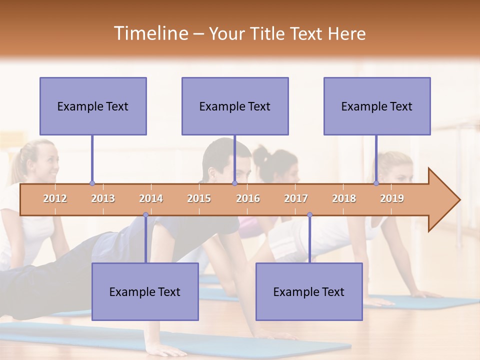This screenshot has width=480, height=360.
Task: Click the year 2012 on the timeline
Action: click(x=55, y=198)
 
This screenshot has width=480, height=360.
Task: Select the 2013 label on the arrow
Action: click(x=103, y=198)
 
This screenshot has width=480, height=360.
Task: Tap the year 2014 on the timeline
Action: click(x=151, y=198)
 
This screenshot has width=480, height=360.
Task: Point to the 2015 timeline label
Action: click(x=199, y=198)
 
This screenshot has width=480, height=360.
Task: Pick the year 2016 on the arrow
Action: click(x=248, y=198)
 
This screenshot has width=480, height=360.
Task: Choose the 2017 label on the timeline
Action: click(x=296, y=198)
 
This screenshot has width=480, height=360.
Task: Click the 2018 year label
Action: click(x=344, y=198)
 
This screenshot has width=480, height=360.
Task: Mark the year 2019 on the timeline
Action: click(x=392, y=198)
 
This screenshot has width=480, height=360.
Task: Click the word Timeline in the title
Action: click(x=150, y=33)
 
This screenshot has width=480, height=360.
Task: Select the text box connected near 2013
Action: click(x=93, y=106)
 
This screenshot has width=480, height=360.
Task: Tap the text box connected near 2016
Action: click(x=235, y=106)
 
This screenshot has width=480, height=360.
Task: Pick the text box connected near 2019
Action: click(x=377, y=106)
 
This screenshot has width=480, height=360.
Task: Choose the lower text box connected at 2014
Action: click(x=145, y=291)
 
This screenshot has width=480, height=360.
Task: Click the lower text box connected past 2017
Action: click(x=309, y=291)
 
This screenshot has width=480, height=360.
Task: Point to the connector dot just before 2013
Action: click(x=92, y=183)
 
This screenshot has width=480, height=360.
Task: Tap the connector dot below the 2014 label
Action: click(x=145, y=215)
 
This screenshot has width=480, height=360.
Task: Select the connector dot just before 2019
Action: click(x=376, y=183)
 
